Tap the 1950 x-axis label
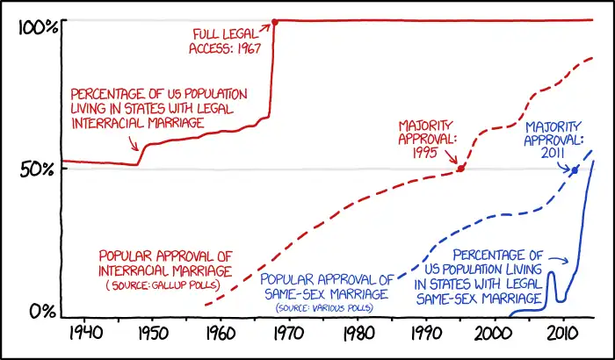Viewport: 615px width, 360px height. [x=150, y=335]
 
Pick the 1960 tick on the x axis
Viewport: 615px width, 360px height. [x=219, y=335]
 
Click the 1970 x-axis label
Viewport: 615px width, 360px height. [x=287, y=335]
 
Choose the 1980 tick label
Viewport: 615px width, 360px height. [x=356, y=335]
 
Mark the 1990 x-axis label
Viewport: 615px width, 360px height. [x=424, y=335]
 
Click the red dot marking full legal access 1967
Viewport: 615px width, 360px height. [x=275, y=21]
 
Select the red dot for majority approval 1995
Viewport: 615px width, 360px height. [x=460, y=168]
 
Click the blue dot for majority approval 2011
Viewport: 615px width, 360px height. [x=575, y=169]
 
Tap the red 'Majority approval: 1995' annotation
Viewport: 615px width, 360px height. [x=428, y=139]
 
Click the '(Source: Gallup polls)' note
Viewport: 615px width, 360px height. [x=163, y=285]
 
